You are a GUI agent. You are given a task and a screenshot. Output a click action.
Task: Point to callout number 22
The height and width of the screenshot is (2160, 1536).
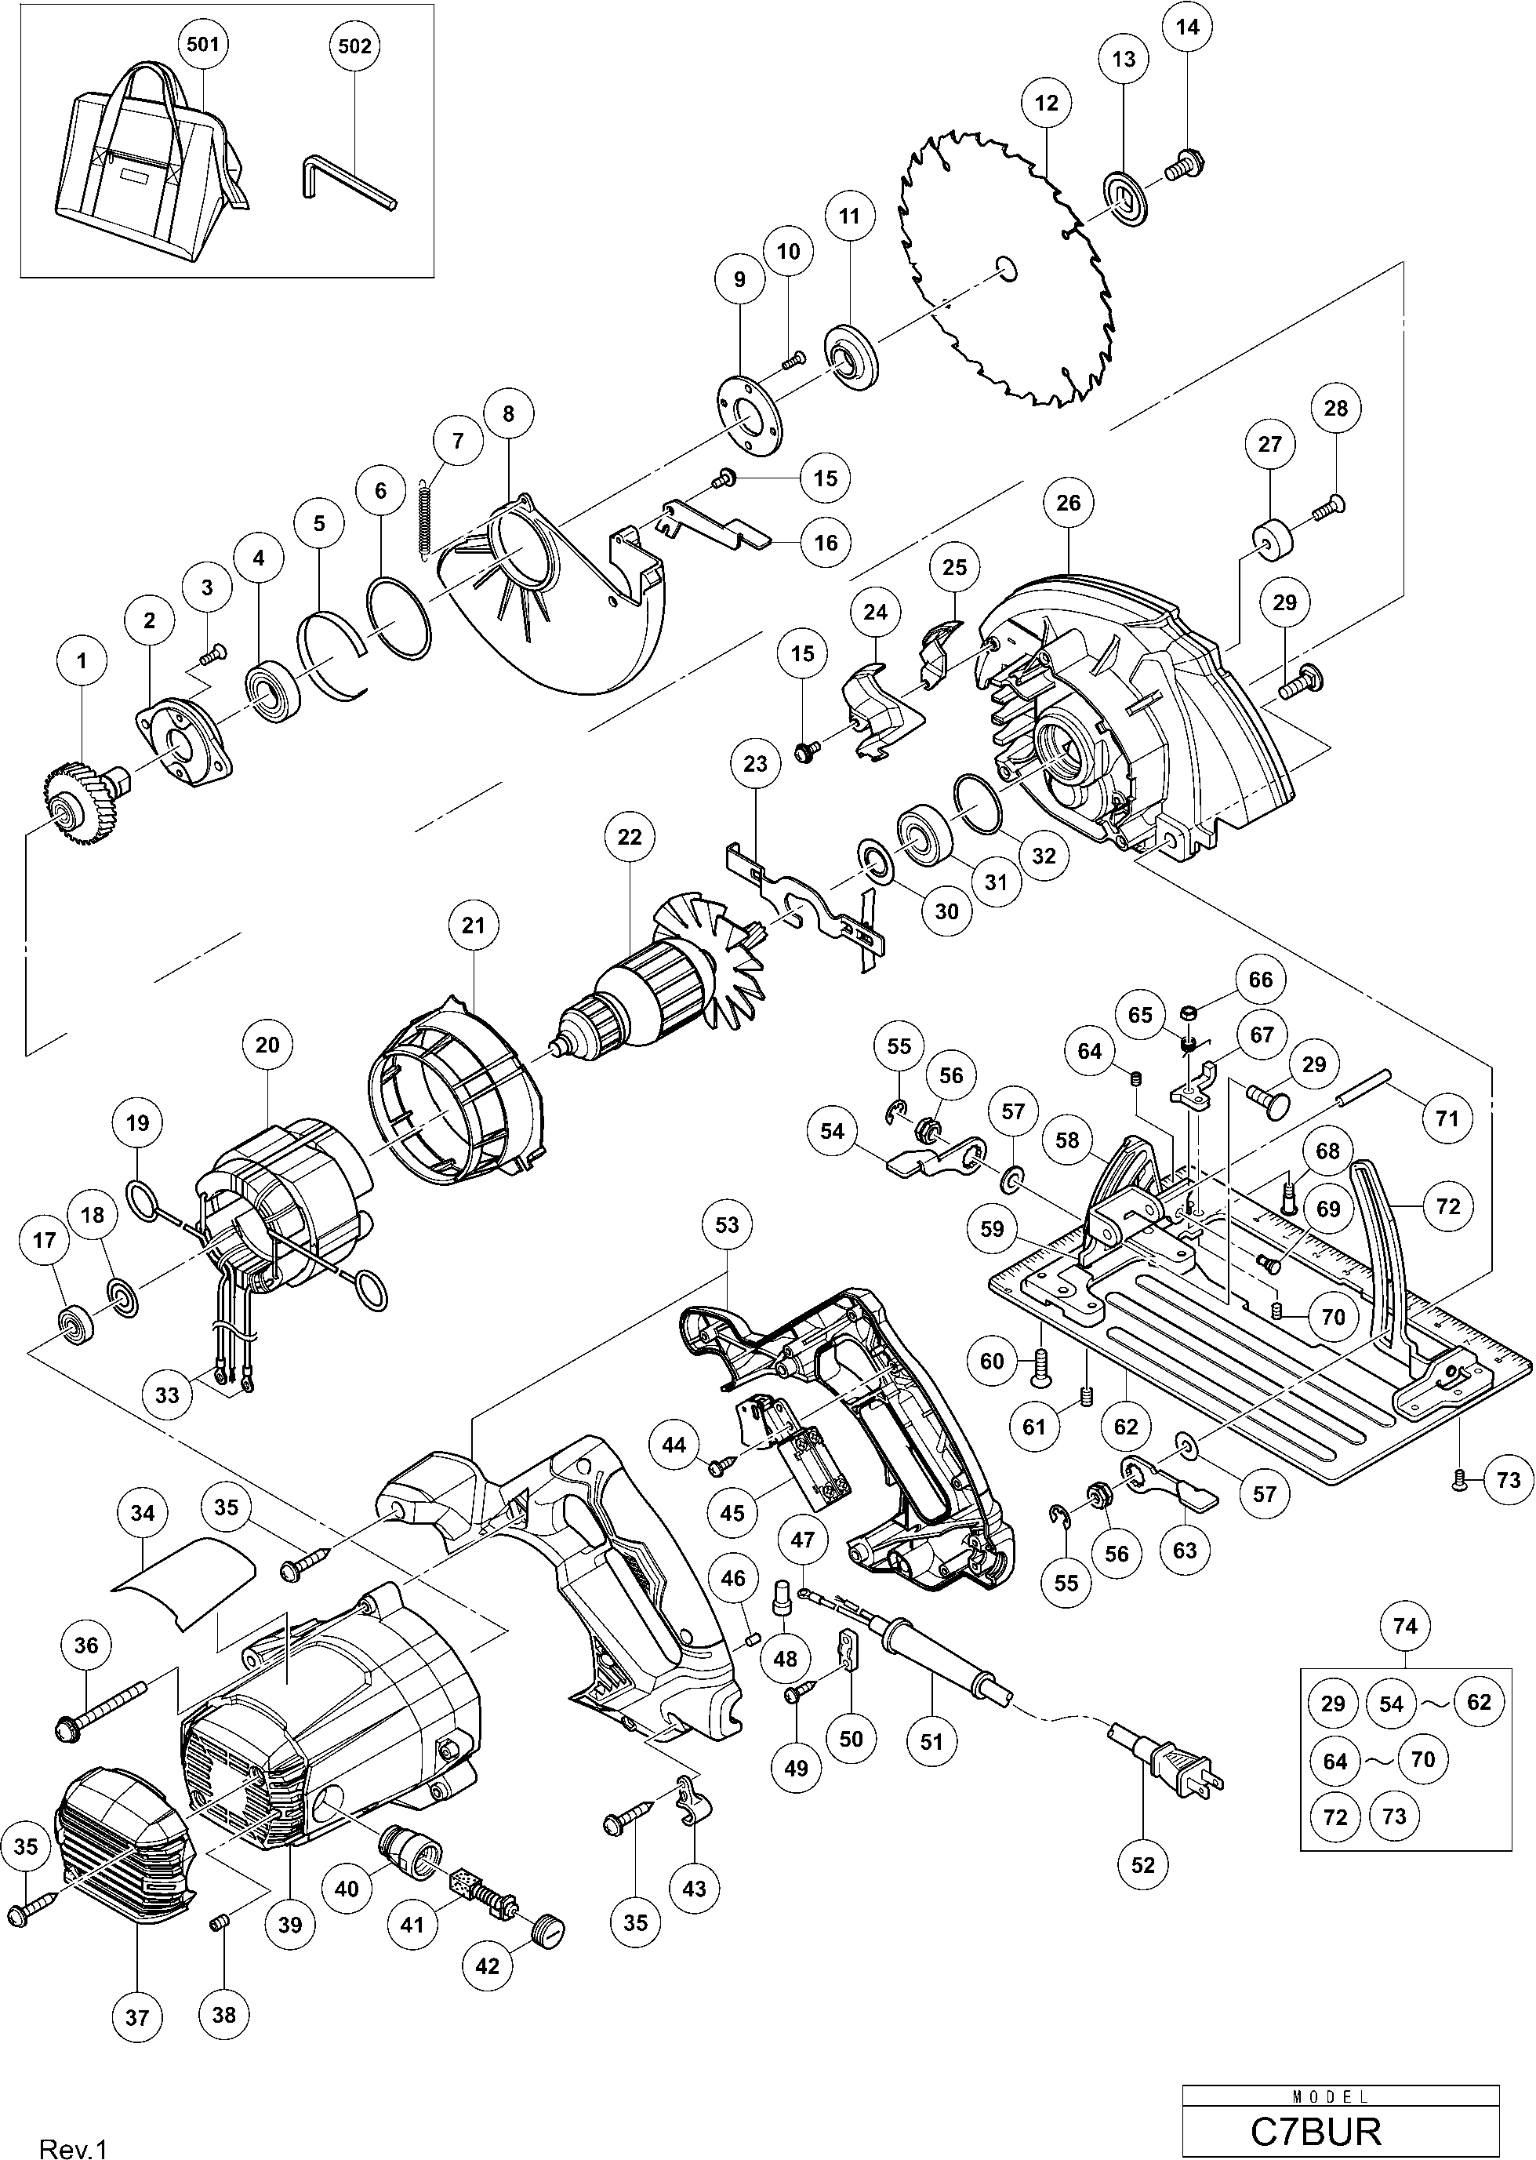pos(629,838)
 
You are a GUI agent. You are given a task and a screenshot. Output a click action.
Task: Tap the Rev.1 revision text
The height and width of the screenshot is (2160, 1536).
pos(74,2142)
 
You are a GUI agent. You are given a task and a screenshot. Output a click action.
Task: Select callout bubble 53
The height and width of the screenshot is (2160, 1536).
pos(726,1225)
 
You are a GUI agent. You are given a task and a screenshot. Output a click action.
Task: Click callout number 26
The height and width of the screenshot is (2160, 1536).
pos(1068,503)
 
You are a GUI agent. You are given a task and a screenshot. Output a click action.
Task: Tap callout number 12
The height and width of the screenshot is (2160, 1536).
pos(1046,103)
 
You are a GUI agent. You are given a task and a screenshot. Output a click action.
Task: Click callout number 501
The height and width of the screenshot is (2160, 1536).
pos(203,45)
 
